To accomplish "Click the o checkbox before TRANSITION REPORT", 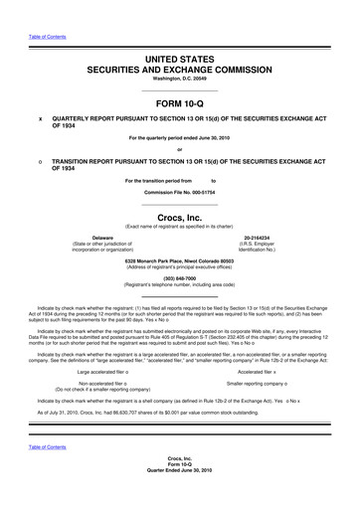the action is [40, 160].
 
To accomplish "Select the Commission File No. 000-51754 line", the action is [179, 192].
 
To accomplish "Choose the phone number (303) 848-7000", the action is [179, 278].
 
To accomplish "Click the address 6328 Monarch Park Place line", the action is [179, 260].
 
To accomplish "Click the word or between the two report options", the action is [179, 149].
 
